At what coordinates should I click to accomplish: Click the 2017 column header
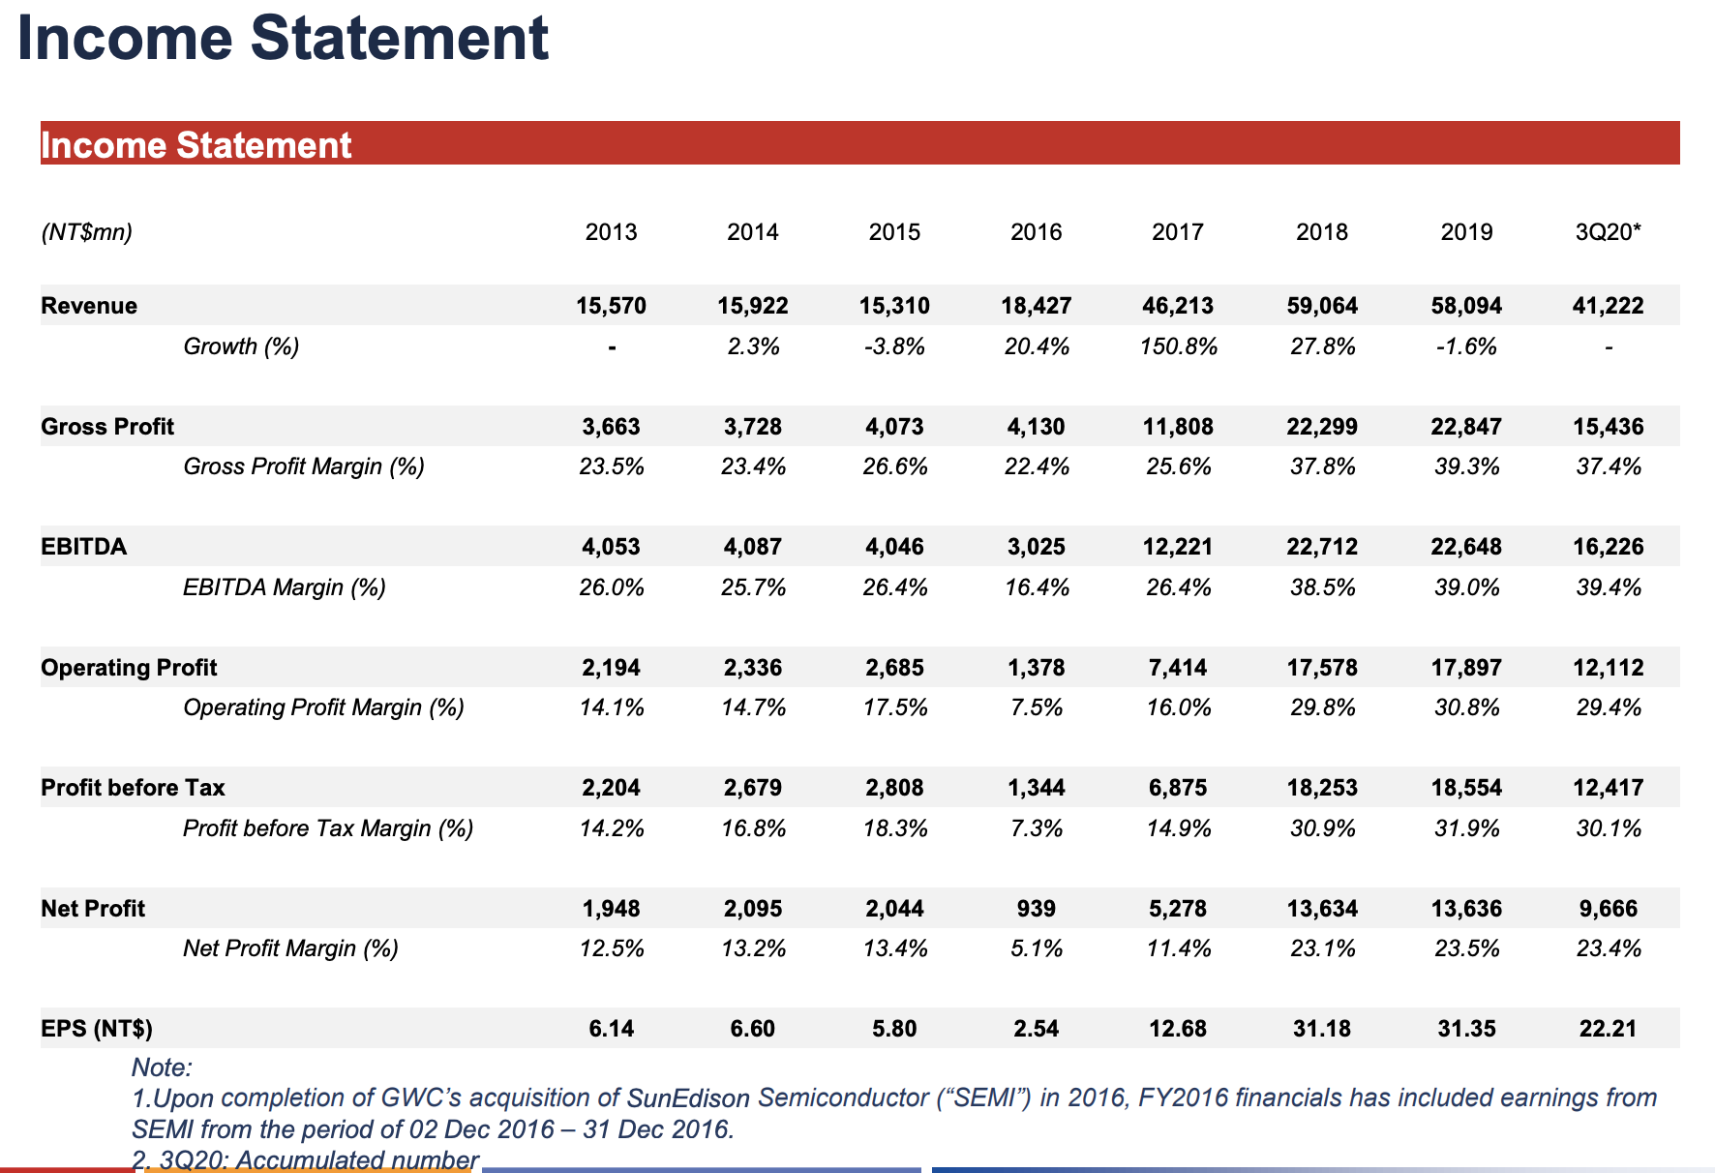1177,232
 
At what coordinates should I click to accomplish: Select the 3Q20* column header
1608,232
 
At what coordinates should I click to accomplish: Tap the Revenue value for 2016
1036,306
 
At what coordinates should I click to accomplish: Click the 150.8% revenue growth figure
1178,346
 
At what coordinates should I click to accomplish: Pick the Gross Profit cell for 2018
1321,427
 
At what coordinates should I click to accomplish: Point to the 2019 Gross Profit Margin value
1466,467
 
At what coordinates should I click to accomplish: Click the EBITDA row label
83,547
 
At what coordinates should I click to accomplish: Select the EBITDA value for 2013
611,547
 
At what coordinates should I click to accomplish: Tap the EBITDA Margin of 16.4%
1036,587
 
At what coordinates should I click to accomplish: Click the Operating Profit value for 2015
894,668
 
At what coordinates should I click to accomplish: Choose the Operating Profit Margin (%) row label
323,708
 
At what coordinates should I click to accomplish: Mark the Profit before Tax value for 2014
752,788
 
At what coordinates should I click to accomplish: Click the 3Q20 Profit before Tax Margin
1608,828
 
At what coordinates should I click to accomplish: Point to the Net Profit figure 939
1036,909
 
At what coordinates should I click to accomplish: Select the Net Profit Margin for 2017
1178,948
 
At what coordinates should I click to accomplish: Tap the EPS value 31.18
1321,1029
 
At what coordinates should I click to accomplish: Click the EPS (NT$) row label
97,1029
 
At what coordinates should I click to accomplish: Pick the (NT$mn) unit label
86,232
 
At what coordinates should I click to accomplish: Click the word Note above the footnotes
162,1068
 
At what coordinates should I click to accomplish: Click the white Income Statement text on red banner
196,145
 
